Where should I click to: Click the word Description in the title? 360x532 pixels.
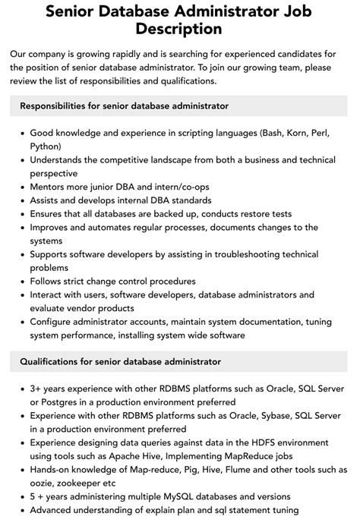pos(179,29)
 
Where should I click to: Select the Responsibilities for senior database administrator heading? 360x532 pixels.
pos(125,105)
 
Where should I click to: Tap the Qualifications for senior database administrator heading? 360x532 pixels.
pos(121,362)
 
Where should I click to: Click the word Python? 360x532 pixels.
pos(46,145)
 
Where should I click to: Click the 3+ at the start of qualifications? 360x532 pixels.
pos(37,389)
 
